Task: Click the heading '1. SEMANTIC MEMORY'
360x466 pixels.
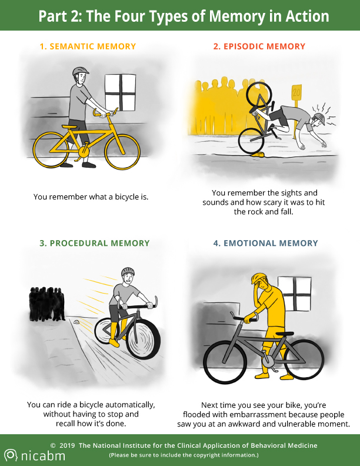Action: click(x=88, y=46)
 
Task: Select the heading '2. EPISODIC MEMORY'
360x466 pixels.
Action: click(x=259, y=46)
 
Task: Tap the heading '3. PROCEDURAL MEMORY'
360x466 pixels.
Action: click(x=95, y=243)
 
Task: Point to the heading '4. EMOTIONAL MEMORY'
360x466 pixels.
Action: click(x=265, y=243)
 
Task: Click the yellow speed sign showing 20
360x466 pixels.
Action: click(x=296, y=92)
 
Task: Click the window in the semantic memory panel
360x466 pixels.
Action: click(x=121, y=93)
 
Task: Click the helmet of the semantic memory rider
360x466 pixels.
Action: click(x=80, y=71)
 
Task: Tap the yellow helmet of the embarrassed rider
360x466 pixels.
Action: click(x=259, y=278)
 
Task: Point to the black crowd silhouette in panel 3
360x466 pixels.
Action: click(x=47, y=304)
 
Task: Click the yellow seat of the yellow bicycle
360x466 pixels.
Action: click(x=69, y=127)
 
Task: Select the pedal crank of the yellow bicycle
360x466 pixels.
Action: click(x=83, y=152)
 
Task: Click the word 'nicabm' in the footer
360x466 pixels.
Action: click(x=43, y=455)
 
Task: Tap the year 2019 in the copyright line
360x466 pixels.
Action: click(x=67, y=445)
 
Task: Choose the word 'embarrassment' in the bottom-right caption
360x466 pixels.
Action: click(x=258, y=414)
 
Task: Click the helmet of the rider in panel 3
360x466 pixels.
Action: click(x=128, y=271)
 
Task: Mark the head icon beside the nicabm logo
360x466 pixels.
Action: click(x=11, y=455)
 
